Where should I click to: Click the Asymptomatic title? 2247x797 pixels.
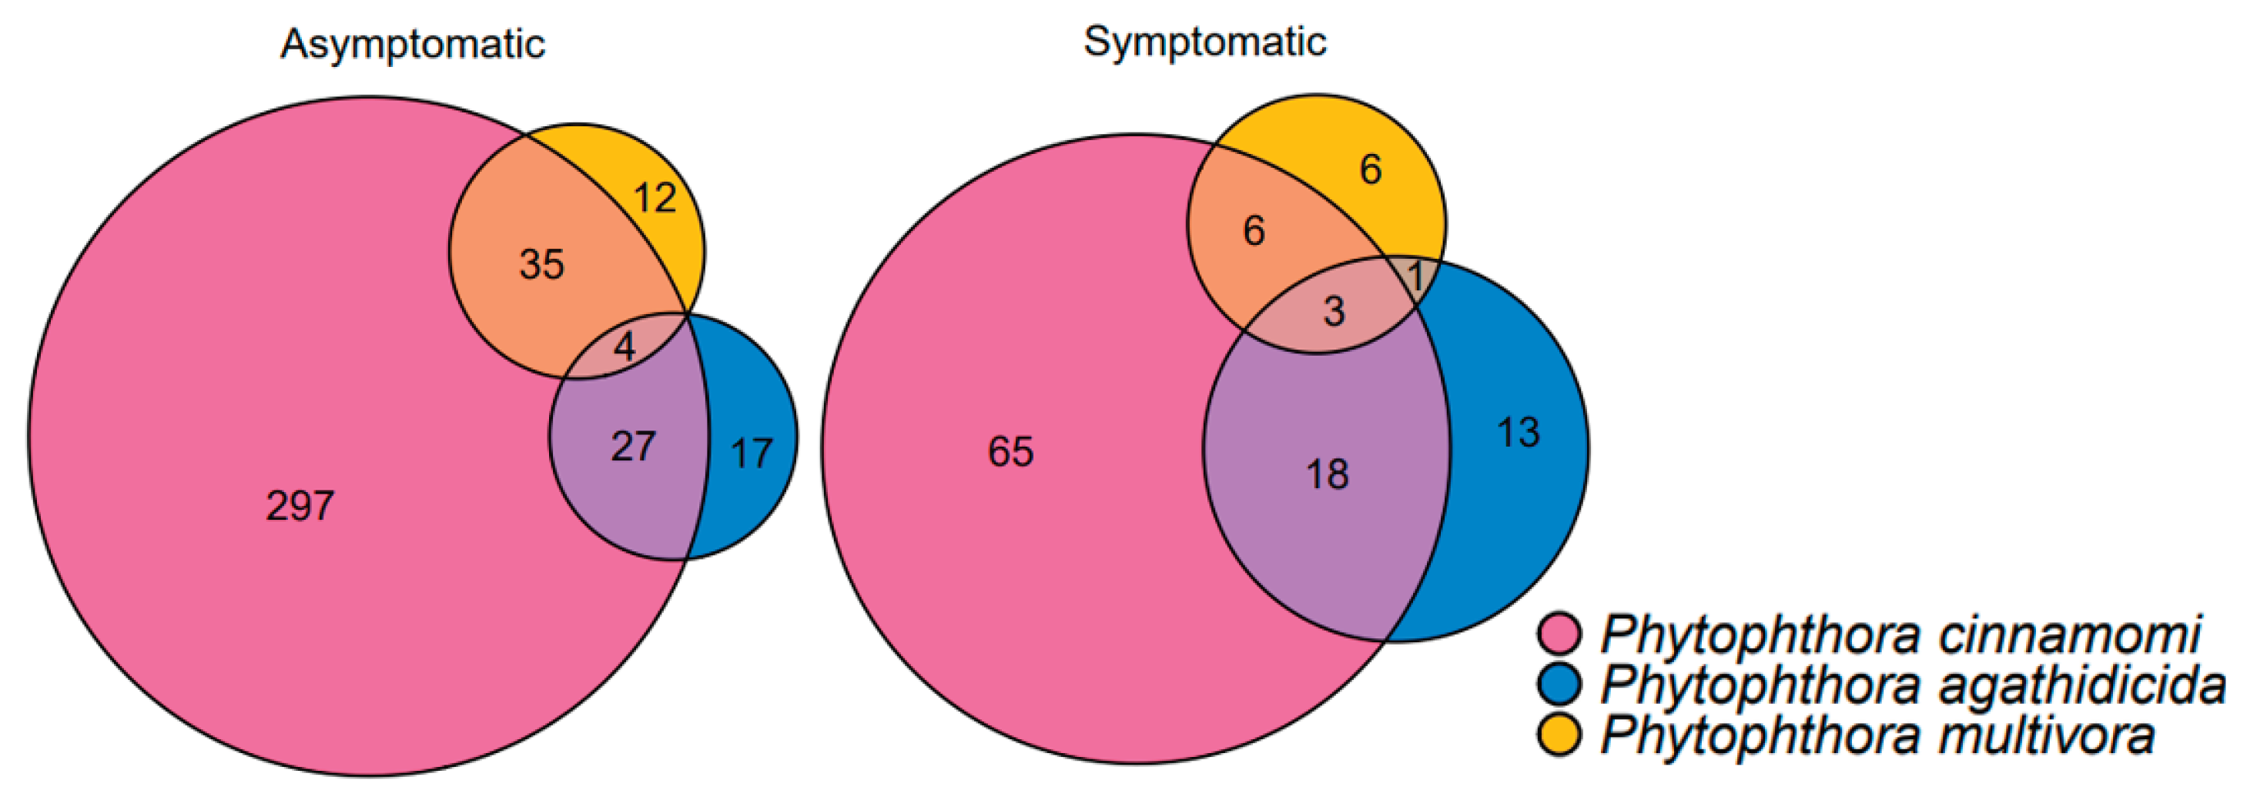tap(413, 44)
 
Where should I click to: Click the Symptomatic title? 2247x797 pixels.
tap(1204, 41)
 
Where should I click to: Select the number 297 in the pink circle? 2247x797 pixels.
tap(300, 506)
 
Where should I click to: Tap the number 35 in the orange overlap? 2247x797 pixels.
tap(541, 263)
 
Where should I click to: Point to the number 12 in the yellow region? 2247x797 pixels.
tap(655, 198)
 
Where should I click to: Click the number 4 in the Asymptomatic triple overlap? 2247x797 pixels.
tap(625, 347)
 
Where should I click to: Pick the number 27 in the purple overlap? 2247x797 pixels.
tap(633, 447)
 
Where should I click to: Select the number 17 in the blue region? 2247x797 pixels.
tap(751, 454)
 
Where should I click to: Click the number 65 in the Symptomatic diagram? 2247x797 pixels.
tap(1010, 452)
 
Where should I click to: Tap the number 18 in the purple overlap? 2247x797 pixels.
tap(1327, 474)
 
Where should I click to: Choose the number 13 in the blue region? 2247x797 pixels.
tap(1518, 433)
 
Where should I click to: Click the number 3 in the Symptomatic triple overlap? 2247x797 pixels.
tap(1334, 311)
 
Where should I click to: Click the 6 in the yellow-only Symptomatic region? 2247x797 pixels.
tap(1371, 169)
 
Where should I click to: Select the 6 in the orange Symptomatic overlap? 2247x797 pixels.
tap(1254, 231)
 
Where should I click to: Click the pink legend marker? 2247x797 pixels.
tap(1559, 634)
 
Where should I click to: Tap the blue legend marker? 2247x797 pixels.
tap(1559, 685)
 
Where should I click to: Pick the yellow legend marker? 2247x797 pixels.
tap(1559, 735)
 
